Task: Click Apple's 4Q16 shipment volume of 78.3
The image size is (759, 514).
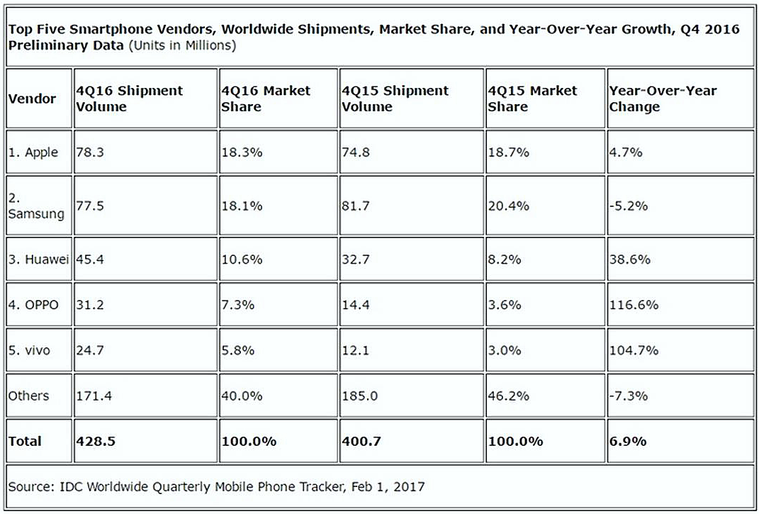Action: point(89,152)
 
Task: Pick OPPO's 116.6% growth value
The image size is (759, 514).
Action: point(634,305)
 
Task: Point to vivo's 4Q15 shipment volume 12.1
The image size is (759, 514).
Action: point(356,350)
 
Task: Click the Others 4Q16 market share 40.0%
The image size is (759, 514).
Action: point(242,396)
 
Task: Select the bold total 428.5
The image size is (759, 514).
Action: point(96,441)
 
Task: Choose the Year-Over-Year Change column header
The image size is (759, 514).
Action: point(663,99)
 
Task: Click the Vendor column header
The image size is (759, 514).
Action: point(32,99)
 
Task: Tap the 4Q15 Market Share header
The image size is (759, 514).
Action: point(532,99)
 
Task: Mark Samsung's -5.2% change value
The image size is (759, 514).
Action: point(629,206)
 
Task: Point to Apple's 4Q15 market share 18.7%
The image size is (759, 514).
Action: point(508,152)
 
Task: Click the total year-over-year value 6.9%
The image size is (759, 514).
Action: point(628,441)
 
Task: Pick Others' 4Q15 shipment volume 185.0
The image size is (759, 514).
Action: point(359,396)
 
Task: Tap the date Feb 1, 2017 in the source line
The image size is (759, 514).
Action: point(387,486)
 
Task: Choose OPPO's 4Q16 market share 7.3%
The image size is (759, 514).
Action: point(238,305)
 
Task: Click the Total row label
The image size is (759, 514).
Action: point(25,441)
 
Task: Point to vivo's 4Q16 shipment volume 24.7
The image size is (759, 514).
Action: point(89,350)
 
